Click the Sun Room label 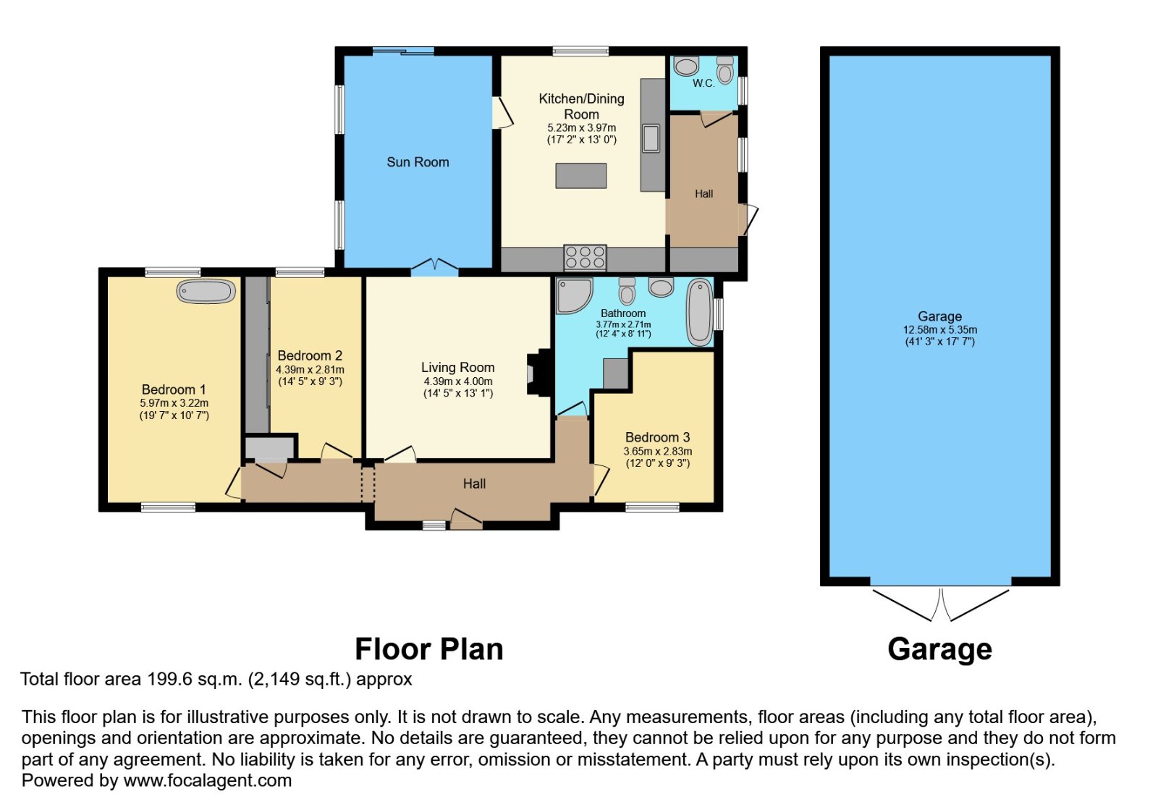tap(418, 162)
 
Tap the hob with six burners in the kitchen tap(585, 258)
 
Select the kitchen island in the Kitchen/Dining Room tap(581, 176)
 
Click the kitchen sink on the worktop tap(651, 138)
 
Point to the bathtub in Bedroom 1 tap(206, 292)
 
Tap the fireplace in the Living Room tap(538, 373)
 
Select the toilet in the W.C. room tap(725, 69)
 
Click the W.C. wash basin tap(687, 66)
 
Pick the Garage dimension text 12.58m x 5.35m tap(940, 330)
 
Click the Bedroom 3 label tap(658, 437)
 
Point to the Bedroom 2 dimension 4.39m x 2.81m tap(310, 370)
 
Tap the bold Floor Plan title tap(429, 649)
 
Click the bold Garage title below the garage tap(940, 650)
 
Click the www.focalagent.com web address tap(207, 780)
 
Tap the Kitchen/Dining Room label tap(582, 106)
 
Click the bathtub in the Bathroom tap(699, 312)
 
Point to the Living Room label tap(457, 368)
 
